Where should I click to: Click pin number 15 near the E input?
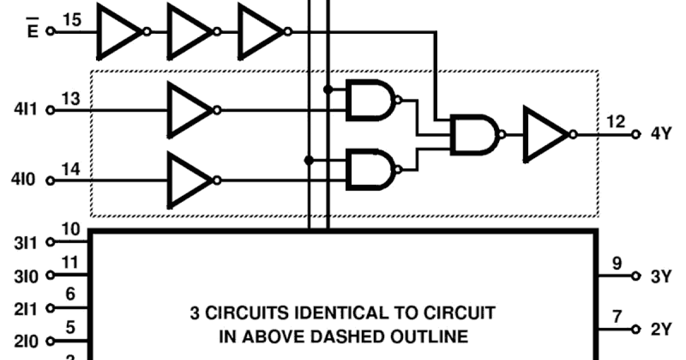pos(71,21)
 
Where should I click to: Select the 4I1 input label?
pos(26,109)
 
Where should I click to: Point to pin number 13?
pos(71,99)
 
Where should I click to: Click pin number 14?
pos(71,170)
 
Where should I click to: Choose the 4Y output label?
pos(661,135)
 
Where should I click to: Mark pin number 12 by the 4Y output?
pos(616,122)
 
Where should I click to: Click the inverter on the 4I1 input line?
pos(189,109)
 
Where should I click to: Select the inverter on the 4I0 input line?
pos(189,180)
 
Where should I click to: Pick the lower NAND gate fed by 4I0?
pos(370,170)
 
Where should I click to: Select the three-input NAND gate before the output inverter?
pos(474,135)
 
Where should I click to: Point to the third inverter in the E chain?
pos(260,31)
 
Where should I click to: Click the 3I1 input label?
pos(26,242)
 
